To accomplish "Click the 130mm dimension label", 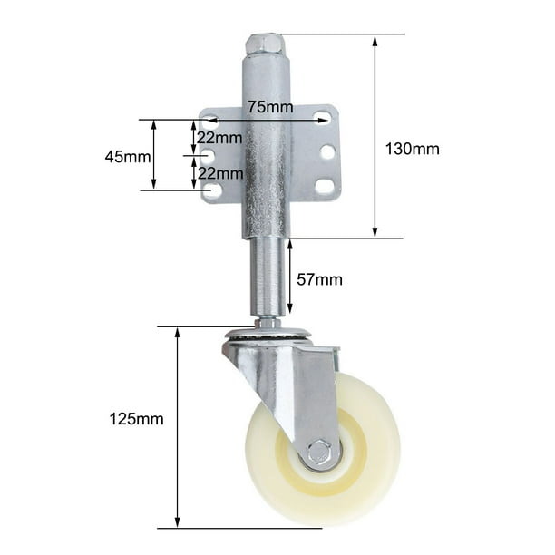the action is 412,149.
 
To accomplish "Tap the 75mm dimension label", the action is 270,106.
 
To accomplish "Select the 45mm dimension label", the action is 128,157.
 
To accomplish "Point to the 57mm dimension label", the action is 319,279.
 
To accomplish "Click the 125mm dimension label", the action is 136,419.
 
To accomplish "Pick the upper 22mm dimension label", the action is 219,138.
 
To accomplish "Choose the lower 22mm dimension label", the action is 220,173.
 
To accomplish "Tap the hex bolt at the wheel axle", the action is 319,452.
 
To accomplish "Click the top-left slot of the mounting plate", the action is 210,120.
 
